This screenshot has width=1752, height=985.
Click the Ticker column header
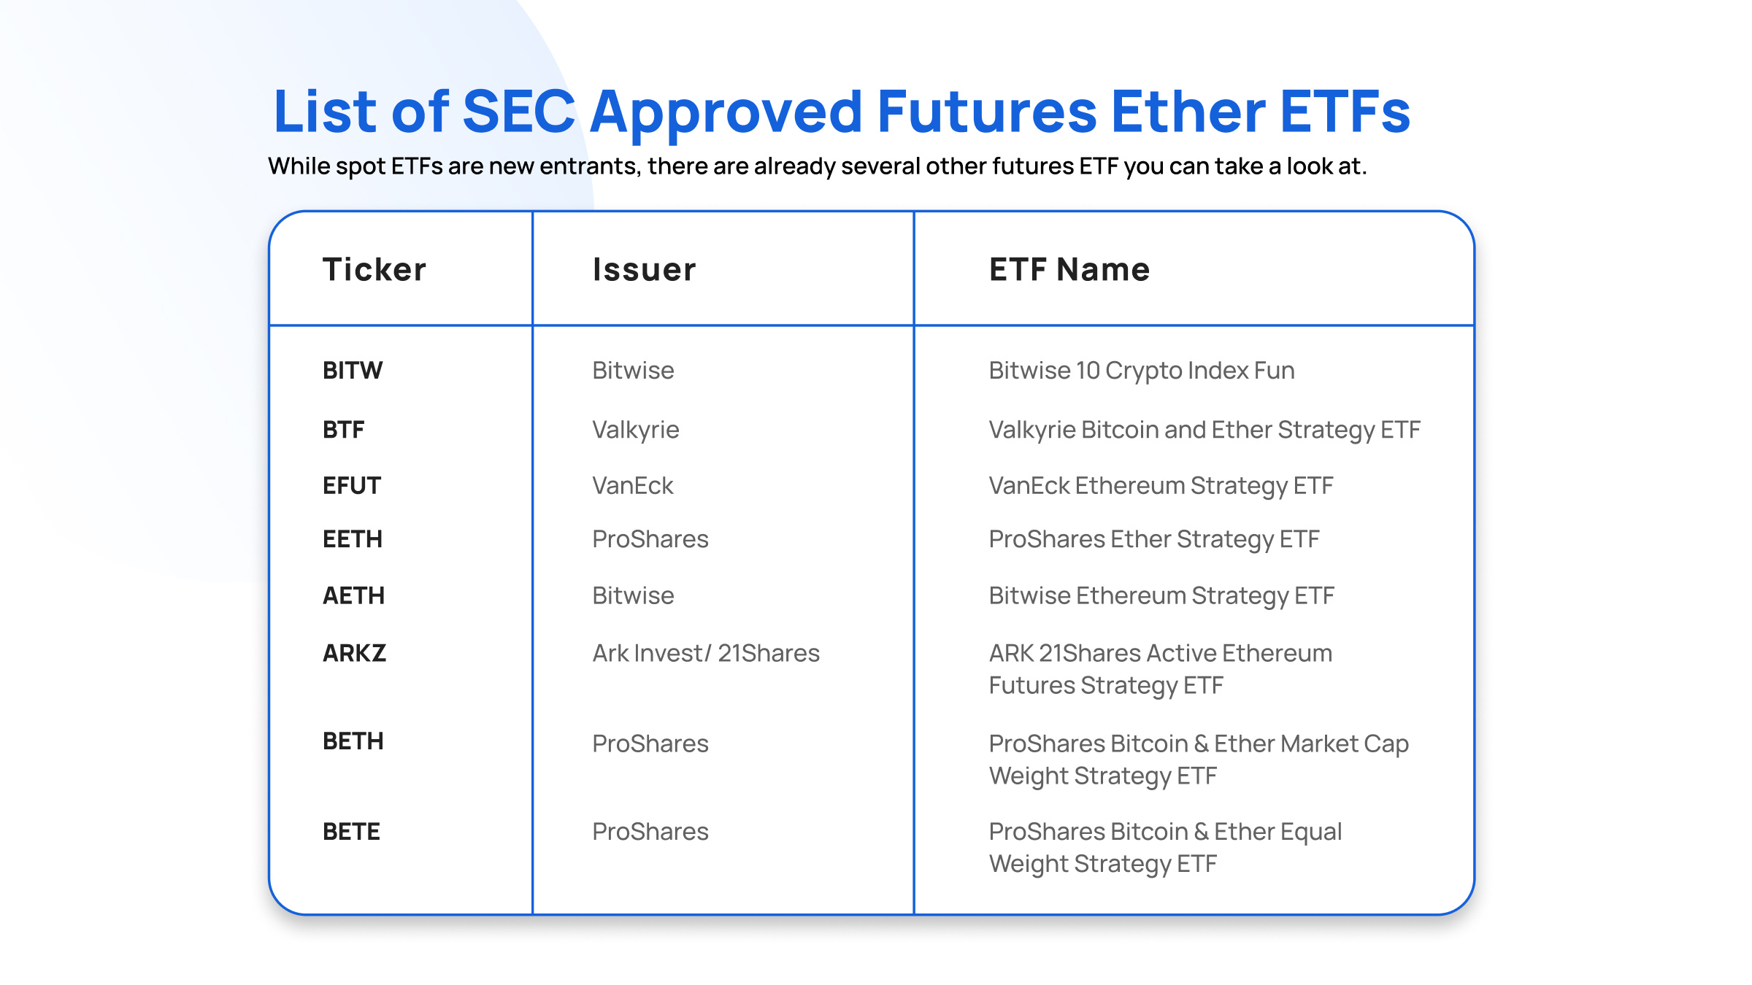pyautogui.click(x=374, y=269)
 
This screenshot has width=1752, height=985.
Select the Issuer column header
pyautogui.click(x=644, y=269)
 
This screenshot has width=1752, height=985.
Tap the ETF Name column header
pyautogui.click(x=1069, y=269)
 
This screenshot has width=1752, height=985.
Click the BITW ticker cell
pyautogui.click(x=353, y=371)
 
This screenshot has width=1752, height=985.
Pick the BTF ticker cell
pyautogui.click(x=344, y=430)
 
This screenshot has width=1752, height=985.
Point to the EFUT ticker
pyautogui.click(x=352, y=486)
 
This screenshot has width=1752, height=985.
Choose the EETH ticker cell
pyautogui.click(x=353, y=539)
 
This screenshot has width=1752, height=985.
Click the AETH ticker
pyautogui.click(x=353, y=595)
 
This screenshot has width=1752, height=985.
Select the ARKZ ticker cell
pyautogui.click(x=354, y=653)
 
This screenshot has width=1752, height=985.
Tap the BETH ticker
pyautogui.click(x=353, y=741)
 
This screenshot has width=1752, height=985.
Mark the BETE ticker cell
pyautogui.click(x=352, y=832)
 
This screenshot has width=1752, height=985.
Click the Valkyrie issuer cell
pyautogui.click(x=636, y=430)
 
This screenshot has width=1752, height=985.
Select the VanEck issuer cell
pyautogui.click(x=633, y=486)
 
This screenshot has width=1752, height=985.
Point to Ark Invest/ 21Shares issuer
pyautogui.click(x=706, y=653)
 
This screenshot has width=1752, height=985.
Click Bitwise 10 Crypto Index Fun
pyautogui.click(x=1142, y=371)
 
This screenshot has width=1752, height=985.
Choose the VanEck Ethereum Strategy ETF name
pyautogui.click(x=1161, y=487)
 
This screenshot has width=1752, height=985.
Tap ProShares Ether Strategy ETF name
pyautogui.click(x=1154, y=540)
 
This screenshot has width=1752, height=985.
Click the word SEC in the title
pyautogui.click(x=519, y=112)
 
